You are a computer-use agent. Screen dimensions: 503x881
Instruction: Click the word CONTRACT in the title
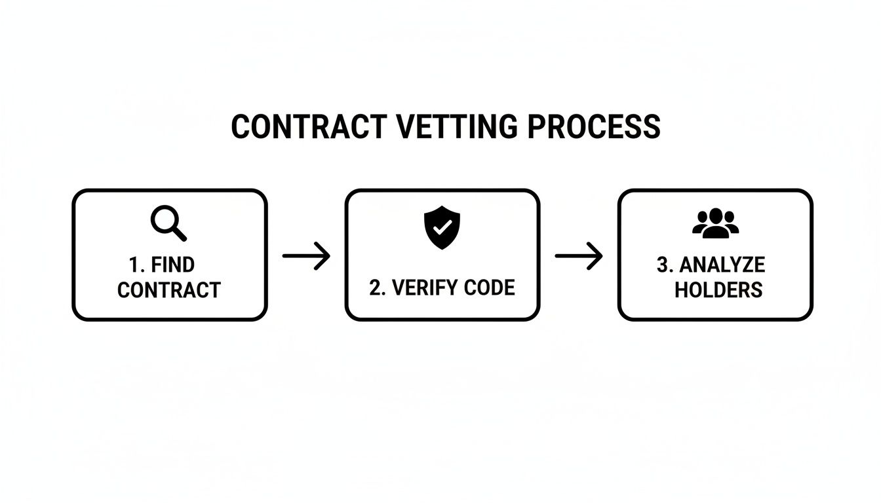click(x=309, y=127)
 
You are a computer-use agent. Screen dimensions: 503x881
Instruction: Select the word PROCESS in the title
click(x=594, y=127)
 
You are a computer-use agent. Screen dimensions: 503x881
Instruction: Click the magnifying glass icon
click(x=168, y=223)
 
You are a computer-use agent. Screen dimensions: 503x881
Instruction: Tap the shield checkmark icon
click(x=442, y=227)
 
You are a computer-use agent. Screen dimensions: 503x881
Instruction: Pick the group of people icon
click(x=715, y=223)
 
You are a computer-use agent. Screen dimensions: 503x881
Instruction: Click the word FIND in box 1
click(x=172, y=265)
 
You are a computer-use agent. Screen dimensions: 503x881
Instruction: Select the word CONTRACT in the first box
click(x=169, y=289)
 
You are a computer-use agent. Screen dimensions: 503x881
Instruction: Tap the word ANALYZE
click(x=722, y=265)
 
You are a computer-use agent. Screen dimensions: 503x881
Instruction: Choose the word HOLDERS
click(x=718, y=289)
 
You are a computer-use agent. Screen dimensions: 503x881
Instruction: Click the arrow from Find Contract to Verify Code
click(x=306, y=255)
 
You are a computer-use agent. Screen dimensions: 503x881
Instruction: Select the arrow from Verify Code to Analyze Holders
click(x=579, y=255)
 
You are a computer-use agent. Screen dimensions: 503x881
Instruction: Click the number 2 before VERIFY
click(x=374, y=288)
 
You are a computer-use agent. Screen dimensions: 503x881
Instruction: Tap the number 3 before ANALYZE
click(x=661, y=265)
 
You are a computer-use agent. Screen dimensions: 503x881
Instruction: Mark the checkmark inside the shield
click(x=442, y=227)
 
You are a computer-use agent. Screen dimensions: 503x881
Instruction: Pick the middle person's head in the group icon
click(x=715, y=215)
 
